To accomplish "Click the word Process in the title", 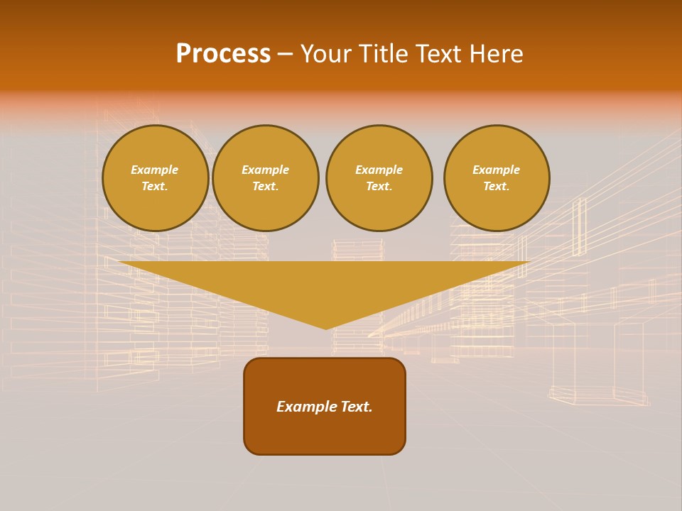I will pyautogui.click(x=223, y=54).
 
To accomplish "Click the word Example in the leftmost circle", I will pyautogui.click(x=155, y=170).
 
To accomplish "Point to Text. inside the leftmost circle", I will pyautogui.click(x=155, y=187).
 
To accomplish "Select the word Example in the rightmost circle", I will pyautogui.click(x=497, y=170).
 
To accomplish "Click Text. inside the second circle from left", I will pyautogui.click(x=266, y=187).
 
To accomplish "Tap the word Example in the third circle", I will pyautogui.click(x=379, y=170).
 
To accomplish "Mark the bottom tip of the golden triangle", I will pyautogui.click(x=326, y=327).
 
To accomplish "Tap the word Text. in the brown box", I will pyautogui.click(x=355, y=407).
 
